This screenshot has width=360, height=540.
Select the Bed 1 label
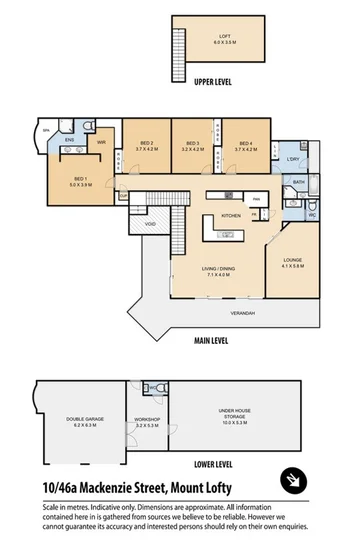tap(80, 183)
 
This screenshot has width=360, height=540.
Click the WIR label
tap(101, 142)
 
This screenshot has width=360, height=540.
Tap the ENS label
tap(69, 140)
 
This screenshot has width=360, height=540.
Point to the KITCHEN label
tap(231, 215)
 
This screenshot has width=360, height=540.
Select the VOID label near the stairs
tap(150, 224)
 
